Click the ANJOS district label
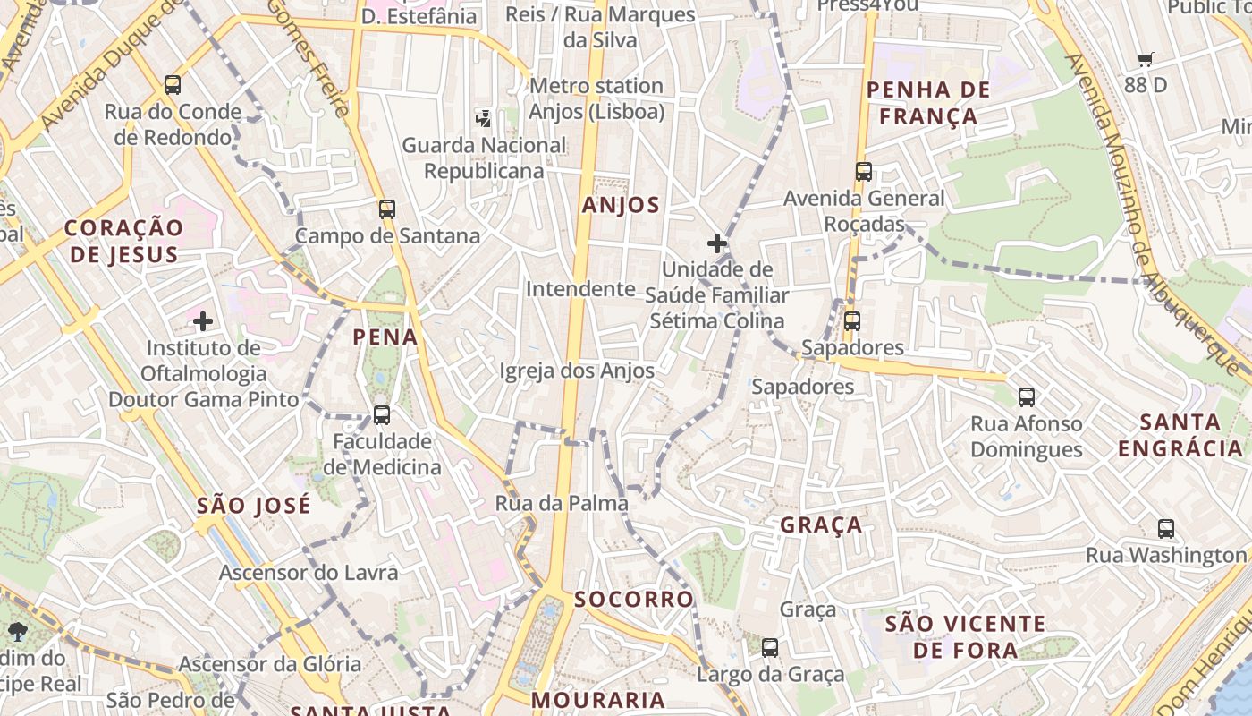click(x=621, y=205)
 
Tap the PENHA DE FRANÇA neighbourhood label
click(x=928, y=103)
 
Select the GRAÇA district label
click(x=821, y=524)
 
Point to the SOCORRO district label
click(x=634, y=599)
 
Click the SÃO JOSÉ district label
click(x=254, y=505)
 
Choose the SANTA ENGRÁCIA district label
click(x=1180, y=435)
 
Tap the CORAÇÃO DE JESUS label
click(x=123, y=241)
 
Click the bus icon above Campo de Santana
click(x=387, y=209)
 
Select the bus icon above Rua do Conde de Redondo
click(x=173, y=85)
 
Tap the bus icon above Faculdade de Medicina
click(x=382, y=414)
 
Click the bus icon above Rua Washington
click(x=1166, y=528)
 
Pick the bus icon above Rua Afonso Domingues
click(x=1027, y=396)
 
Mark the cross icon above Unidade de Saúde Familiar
click(x=717, y=243)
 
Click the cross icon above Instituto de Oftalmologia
click(x=203, y=320)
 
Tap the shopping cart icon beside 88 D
click(x=1146, y=60)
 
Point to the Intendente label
click(x=580, y=289)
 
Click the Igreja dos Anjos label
click(x=577, y=371)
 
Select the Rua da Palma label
click(x=562, y=503)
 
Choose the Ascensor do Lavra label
click(x=309, y=572)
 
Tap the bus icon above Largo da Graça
click(x=770, y=647)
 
